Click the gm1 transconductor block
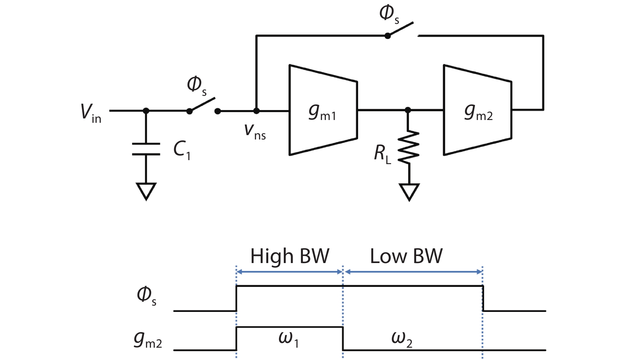coord(323,110)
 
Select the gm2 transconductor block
coord(477,110)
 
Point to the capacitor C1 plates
coord(146,149)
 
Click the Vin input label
coord(91,112)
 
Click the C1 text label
coord(182,150)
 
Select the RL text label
coord(382,154)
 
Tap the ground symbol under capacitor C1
coord(146,191)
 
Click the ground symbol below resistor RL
coord(409,192)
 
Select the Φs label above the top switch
coord(389,14)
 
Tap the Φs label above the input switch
coord(197,86)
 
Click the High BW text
coord(290,256)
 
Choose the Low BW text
coord(406,256)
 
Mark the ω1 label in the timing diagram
coord(289,338)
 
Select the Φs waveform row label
coord(146,296)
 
